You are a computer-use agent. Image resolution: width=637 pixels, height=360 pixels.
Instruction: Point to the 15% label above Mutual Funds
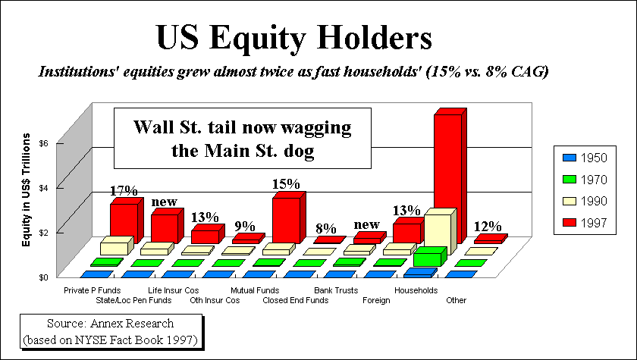[x=286, y=183]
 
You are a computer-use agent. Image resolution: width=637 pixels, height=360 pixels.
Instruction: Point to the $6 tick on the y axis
[x=43, y=143]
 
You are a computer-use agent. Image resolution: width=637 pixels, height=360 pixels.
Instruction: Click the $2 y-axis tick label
[x=43, y=232]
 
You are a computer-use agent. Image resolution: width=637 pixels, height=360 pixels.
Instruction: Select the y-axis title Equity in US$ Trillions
[x=27, y=190]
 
